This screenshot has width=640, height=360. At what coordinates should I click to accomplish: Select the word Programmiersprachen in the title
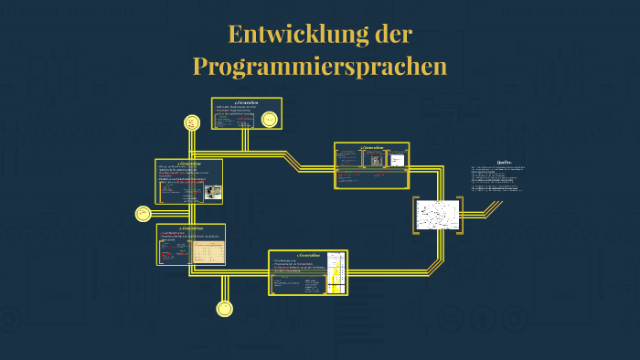[x=320, y=66]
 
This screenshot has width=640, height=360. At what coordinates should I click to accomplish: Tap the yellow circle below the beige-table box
[x=223, y=310]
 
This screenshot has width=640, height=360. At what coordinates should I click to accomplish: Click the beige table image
[x=208, y=250]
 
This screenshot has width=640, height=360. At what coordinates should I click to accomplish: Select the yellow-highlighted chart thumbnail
[x=336, y=272]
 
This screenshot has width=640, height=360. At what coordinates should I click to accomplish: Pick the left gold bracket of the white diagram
[x=416, y=215]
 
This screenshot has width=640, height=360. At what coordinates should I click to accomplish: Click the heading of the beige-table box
[x=191, y=228]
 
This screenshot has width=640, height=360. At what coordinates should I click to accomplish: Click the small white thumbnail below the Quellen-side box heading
[x=397, y=160]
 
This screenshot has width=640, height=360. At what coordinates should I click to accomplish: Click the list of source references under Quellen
[x=498, y=178]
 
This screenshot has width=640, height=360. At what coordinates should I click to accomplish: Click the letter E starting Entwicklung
[x=235, y=35]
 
